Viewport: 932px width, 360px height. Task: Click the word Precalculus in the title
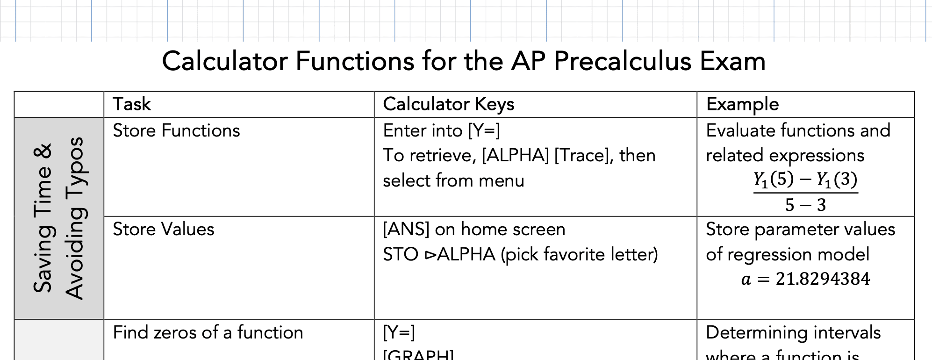click(622, 62)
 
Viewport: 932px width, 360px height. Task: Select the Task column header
click(132, 104)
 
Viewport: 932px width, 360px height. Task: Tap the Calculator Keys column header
click(448, 104)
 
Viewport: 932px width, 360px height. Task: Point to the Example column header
click(742, 104)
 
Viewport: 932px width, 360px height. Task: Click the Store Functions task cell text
click(176, 131)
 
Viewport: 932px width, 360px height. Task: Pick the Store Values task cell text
click(164, 230)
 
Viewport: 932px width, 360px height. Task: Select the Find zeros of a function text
click(208, 333)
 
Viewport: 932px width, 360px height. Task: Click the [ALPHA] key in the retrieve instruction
click(515, 156)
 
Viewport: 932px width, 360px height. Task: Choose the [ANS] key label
click(406, 230)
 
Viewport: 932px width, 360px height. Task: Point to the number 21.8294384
click(823, 279)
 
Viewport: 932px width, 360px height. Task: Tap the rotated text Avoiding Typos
click(74, 218)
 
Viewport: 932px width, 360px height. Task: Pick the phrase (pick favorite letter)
click(579, 255)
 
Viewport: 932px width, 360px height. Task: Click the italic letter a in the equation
click(746, 280)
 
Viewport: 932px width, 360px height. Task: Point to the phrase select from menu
click(453, 181)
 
